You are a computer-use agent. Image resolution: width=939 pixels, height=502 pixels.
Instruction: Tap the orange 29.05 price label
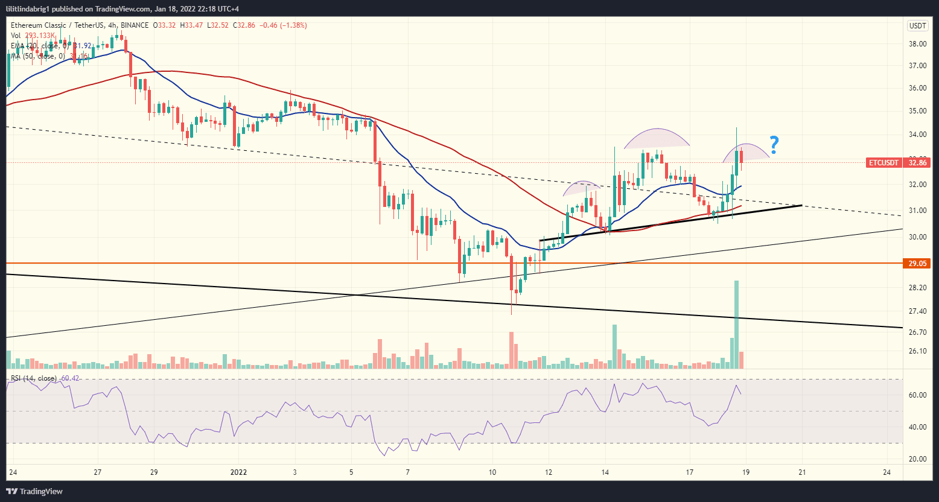(x=916, y=263)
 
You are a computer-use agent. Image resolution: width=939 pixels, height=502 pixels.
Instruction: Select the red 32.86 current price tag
(x=916, y=162)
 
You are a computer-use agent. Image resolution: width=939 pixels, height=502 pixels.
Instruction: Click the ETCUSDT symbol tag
(x=883, y=162)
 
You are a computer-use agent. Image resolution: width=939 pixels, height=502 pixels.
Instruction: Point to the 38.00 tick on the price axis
(x=917, y=44)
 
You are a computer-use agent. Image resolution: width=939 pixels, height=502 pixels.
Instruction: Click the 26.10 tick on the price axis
(x=917, y=351)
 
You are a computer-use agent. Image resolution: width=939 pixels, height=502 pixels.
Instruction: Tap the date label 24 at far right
(x=886, y=471)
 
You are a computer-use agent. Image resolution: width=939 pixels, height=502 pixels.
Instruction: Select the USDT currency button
(x=917, y=25)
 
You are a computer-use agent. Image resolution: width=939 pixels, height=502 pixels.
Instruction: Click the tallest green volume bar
(x=736, y=325)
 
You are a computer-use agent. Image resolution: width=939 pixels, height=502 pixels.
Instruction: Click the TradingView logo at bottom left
(x=35, y=491)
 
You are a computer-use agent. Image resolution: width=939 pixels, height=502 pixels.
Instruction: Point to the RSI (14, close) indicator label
(x=34, y=378)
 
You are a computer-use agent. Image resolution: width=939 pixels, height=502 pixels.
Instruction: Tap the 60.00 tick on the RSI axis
(x=917, y=395)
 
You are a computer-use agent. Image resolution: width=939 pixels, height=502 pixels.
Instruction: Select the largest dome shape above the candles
(x=657, y=139)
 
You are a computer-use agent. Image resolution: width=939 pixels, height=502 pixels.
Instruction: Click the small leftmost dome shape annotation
(x=582, y=188)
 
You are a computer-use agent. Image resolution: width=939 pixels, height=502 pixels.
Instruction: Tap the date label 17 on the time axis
(x=689, y=471)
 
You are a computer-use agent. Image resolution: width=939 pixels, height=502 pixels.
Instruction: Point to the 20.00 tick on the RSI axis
(x=917, y=459)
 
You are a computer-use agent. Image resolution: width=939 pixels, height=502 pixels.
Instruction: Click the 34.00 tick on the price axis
(x=917, y=135)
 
